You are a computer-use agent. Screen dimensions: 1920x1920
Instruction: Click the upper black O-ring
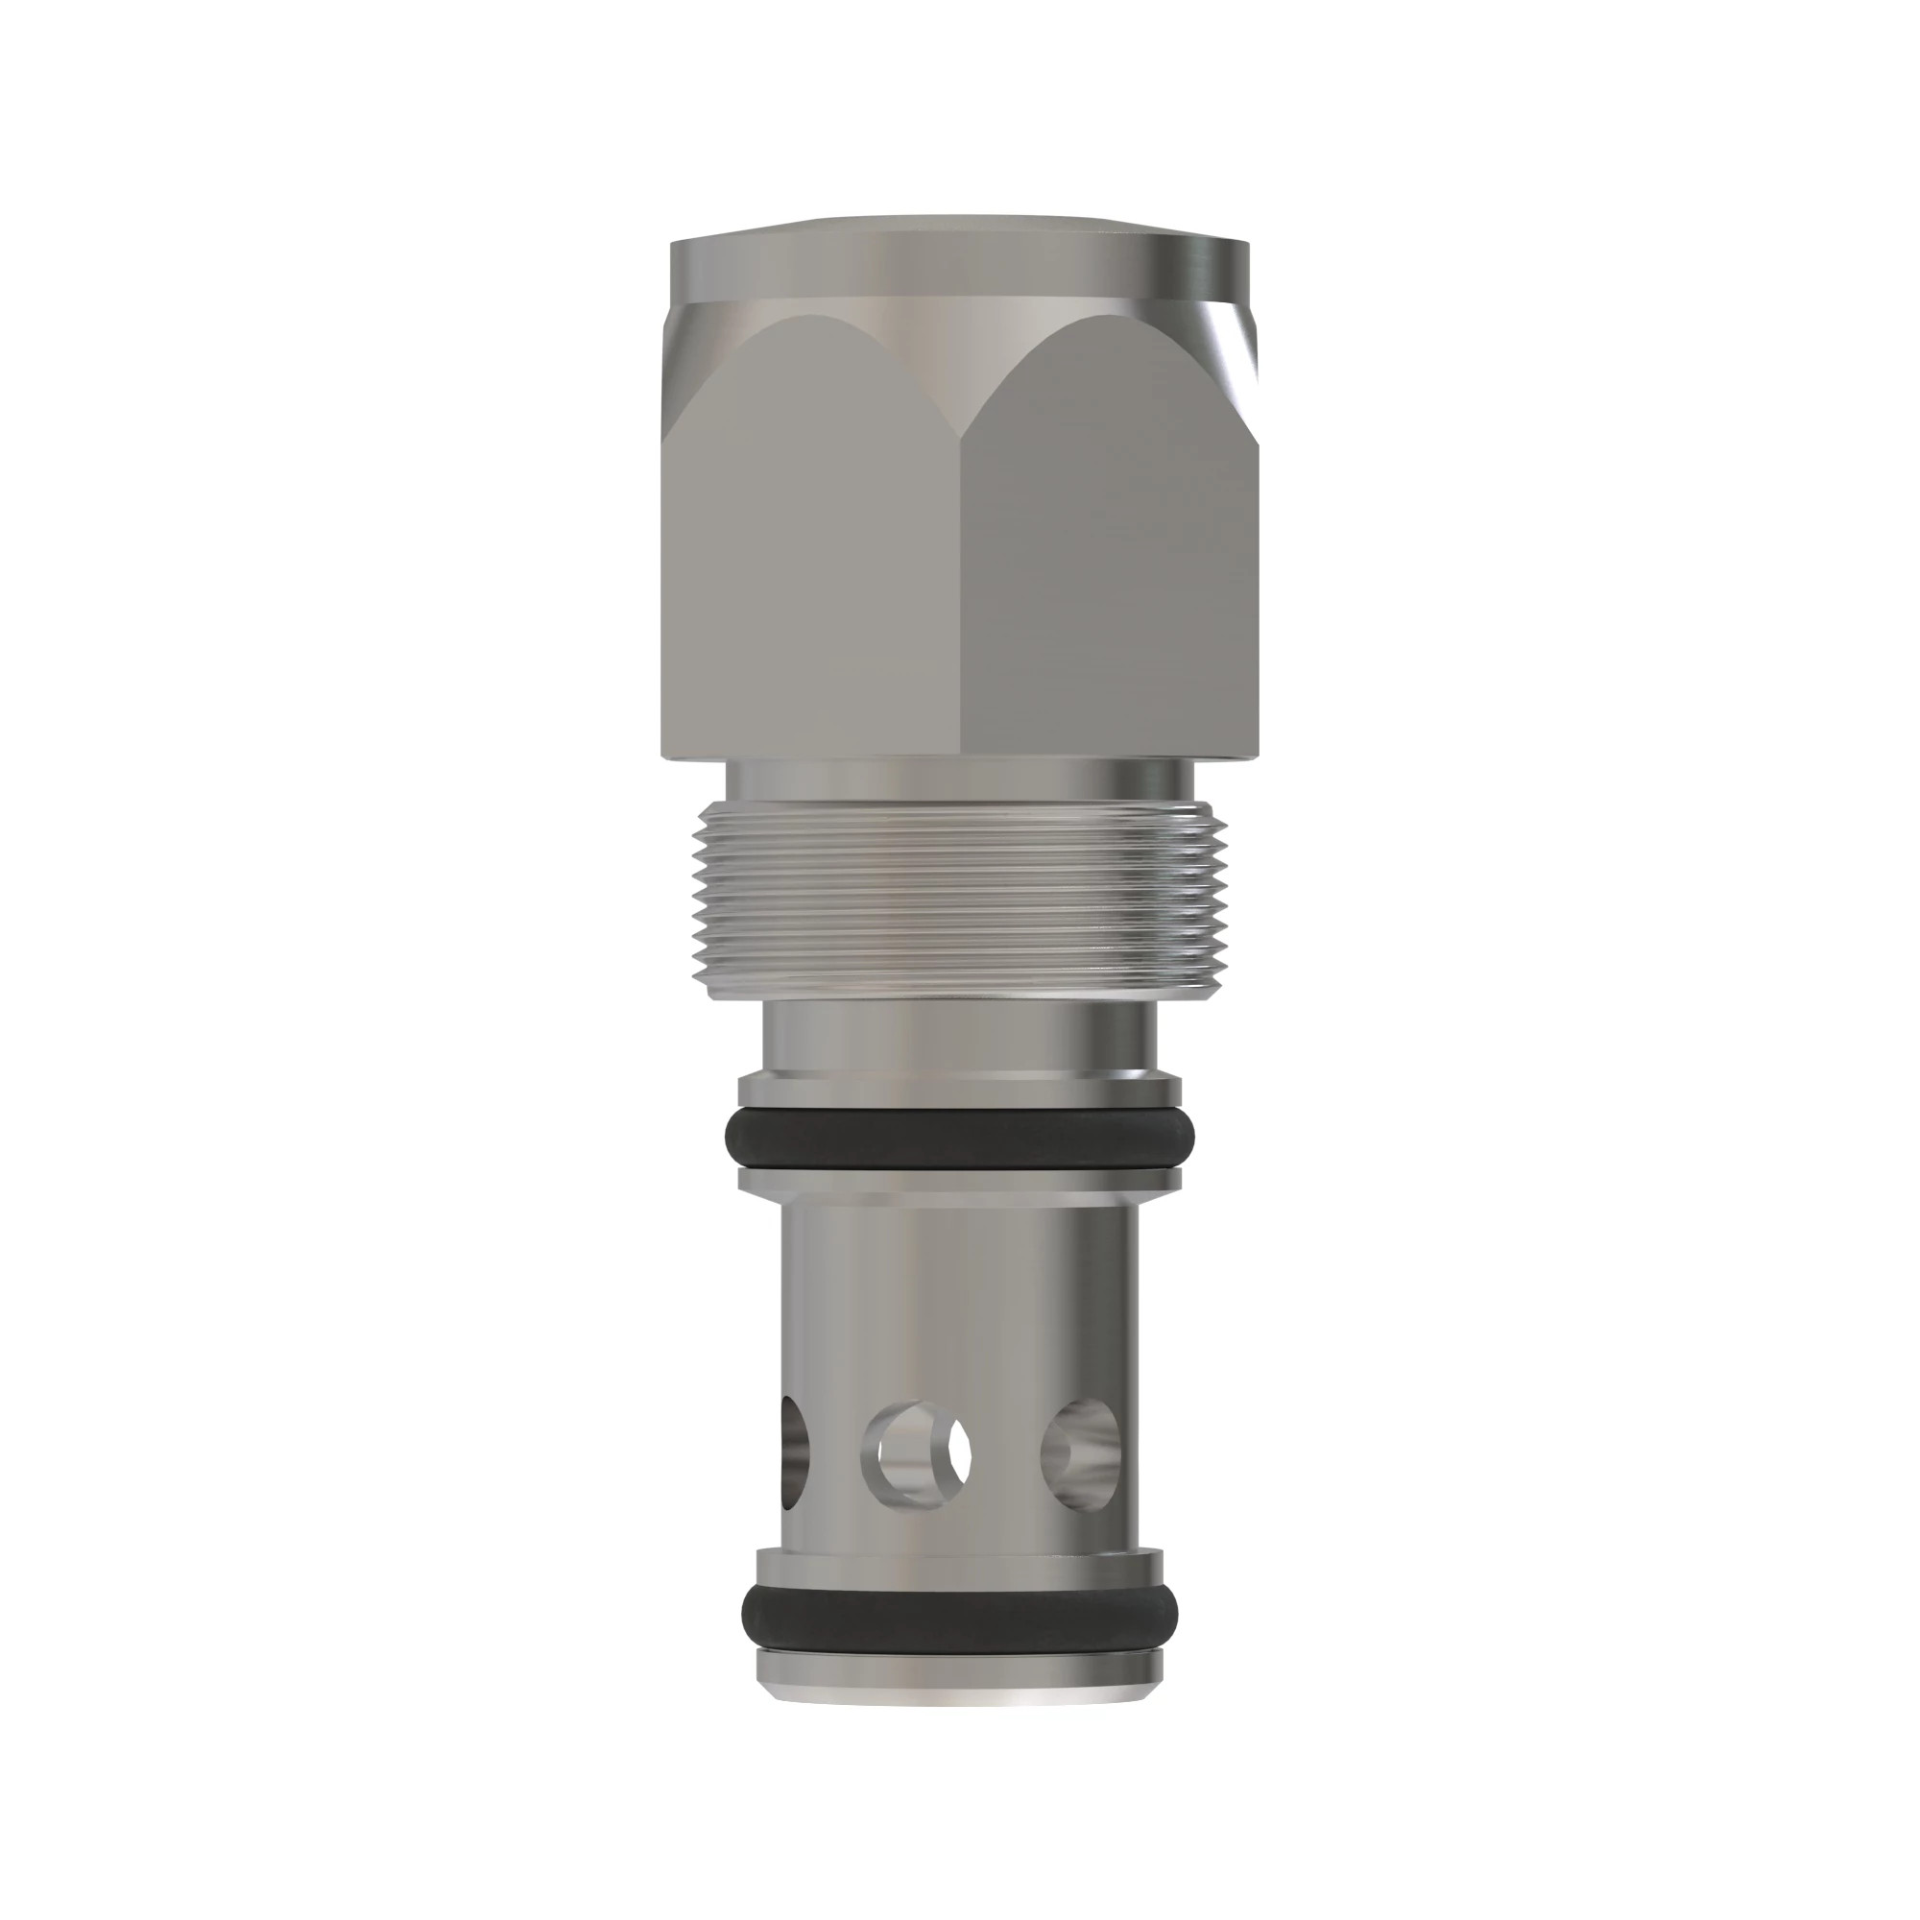[959, 1136]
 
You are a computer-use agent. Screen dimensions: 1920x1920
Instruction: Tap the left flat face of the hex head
[815, 557]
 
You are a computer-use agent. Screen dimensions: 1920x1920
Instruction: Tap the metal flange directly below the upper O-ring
[959, 1179]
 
